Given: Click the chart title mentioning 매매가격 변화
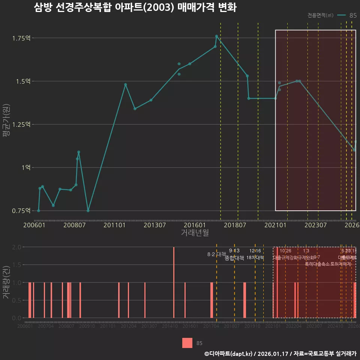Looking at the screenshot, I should coord(135,8).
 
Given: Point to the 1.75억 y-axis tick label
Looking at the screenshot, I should coord(21,38).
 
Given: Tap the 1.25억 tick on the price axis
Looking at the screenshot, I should coord(21,124).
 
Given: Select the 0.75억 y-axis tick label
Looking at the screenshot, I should coord(21,211).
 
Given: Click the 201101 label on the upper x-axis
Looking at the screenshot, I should coord(114,225).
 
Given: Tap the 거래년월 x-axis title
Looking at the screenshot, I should coord(195,233).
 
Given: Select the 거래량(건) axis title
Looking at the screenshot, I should coord(6,282).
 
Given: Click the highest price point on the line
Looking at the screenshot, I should coord(216,36).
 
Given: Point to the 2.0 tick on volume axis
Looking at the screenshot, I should coord(17,247).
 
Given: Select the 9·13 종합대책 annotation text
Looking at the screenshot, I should coord(234,254).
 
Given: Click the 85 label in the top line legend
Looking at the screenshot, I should coord(353,15).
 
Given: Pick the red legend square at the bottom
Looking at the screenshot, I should coord(187,343).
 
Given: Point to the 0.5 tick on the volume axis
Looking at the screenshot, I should coord(17,300).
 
